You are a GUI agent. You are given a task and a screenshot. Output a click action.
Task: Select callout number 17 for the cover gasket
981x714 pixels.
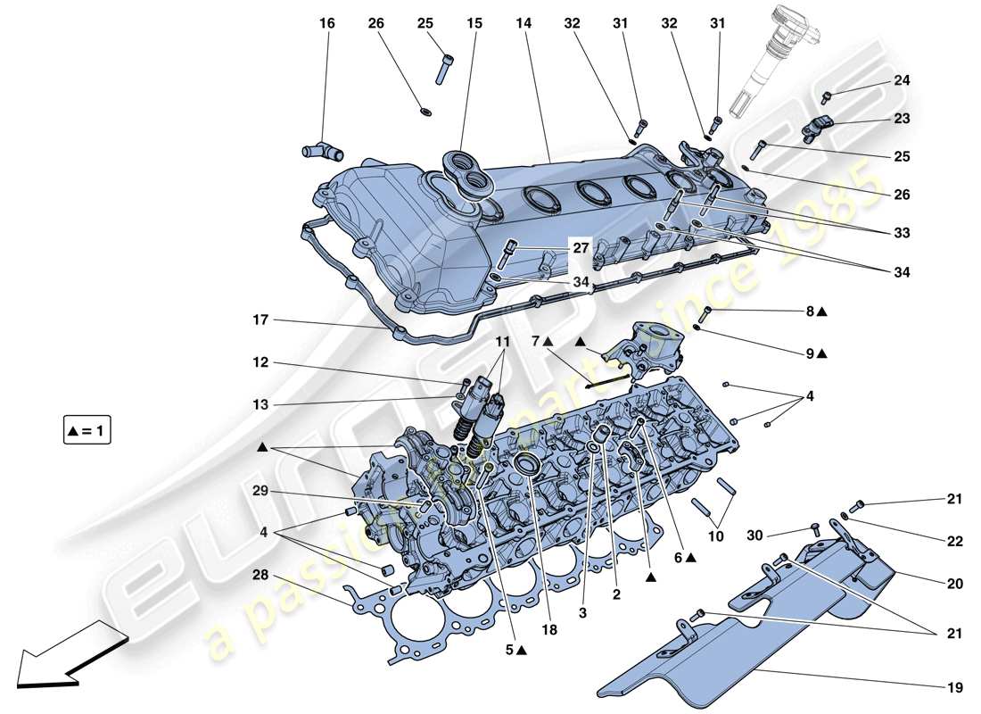pyautogui.click(x=261, y=319)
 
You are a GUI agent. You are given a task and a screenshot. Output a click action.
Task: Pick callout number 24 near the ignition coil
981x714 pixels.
pyautogui.click(x=903, y=81)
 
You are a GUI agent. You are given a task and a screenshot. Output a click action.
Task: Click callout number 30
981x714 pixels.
pyautogui.click(x=754, y=535)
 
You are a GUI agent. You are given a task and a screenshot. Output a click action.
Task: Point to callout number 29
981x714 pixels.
pyautogui.click(x=260, y=491)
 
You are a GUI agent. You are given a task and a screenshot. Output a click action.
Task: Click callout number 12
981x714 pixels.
pyautogui.click(x=260, y=362)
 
